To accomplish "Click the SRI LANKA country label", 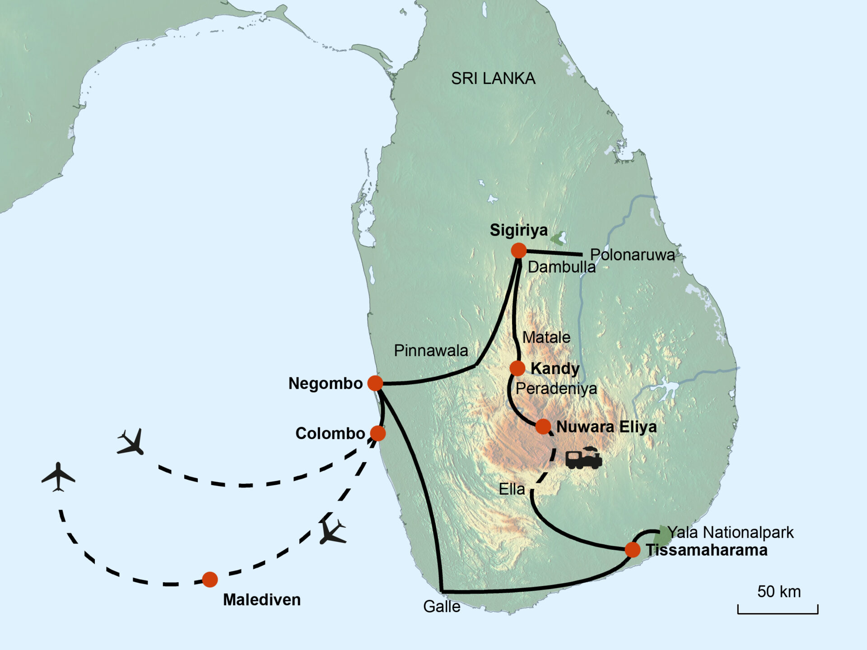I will [x=493, y=79].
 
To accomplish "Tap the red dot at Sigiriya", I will [x=519, y=250].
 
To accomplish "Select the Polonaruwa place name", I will [x=632, y=255].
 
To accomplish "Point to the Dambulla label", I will [x=561, y=267].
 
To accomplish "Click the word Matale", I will [x=546, y=337].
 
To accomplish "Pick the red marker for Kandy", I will [x=517, y=368].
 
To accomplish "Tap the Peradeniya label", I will [x=556, y=389].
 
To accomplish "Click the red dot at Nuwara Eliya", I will [x=543, y=426].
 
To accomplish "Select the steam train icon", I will [x=584, y=458].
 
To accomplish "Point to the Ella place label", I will [x=512, y=489].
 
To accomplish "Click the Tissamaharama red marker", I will [x=633, y=550].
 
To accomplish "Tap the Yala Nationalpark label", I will [x=730, y=533].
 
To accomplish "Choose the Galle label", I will [x=442, y=607].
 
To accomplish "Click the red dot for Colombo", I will [x=378, y=433].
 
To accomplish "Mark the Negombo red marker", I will [x=375, y=383].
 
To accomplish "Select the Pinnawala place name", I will [x=431, y=351].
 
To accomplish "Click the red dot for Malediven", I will [x=210, y=580].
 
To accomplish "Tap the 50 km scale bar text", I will [x=779, y=592].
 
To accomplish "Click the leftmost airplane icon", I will [x=58, y=476].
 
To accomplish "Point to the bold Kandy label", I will [x=555, y=368].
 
